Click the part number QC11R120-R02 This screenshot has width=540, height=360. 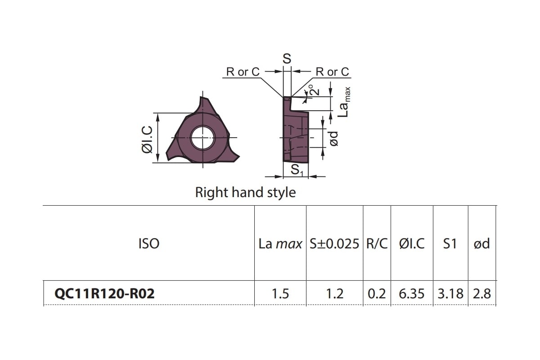click(104, 294)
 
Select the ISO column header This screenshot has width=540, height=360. click(149, 243)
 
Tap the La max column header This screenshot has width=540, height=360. click(280, 244)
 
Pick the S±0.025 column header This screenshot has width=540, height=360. click(334, 243)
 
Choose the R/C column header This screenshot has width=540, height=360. click(377, 243)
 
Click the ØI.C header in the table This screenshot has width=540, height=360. click(412, 243)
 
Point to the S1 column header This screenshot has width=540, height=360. click(450, 243)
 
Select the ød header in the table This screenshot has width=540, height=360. click(481, 243)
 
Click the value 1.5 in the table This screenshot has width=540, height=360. click(280, 294)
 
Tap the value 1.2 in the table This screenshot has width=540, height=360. click(335, 294)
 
